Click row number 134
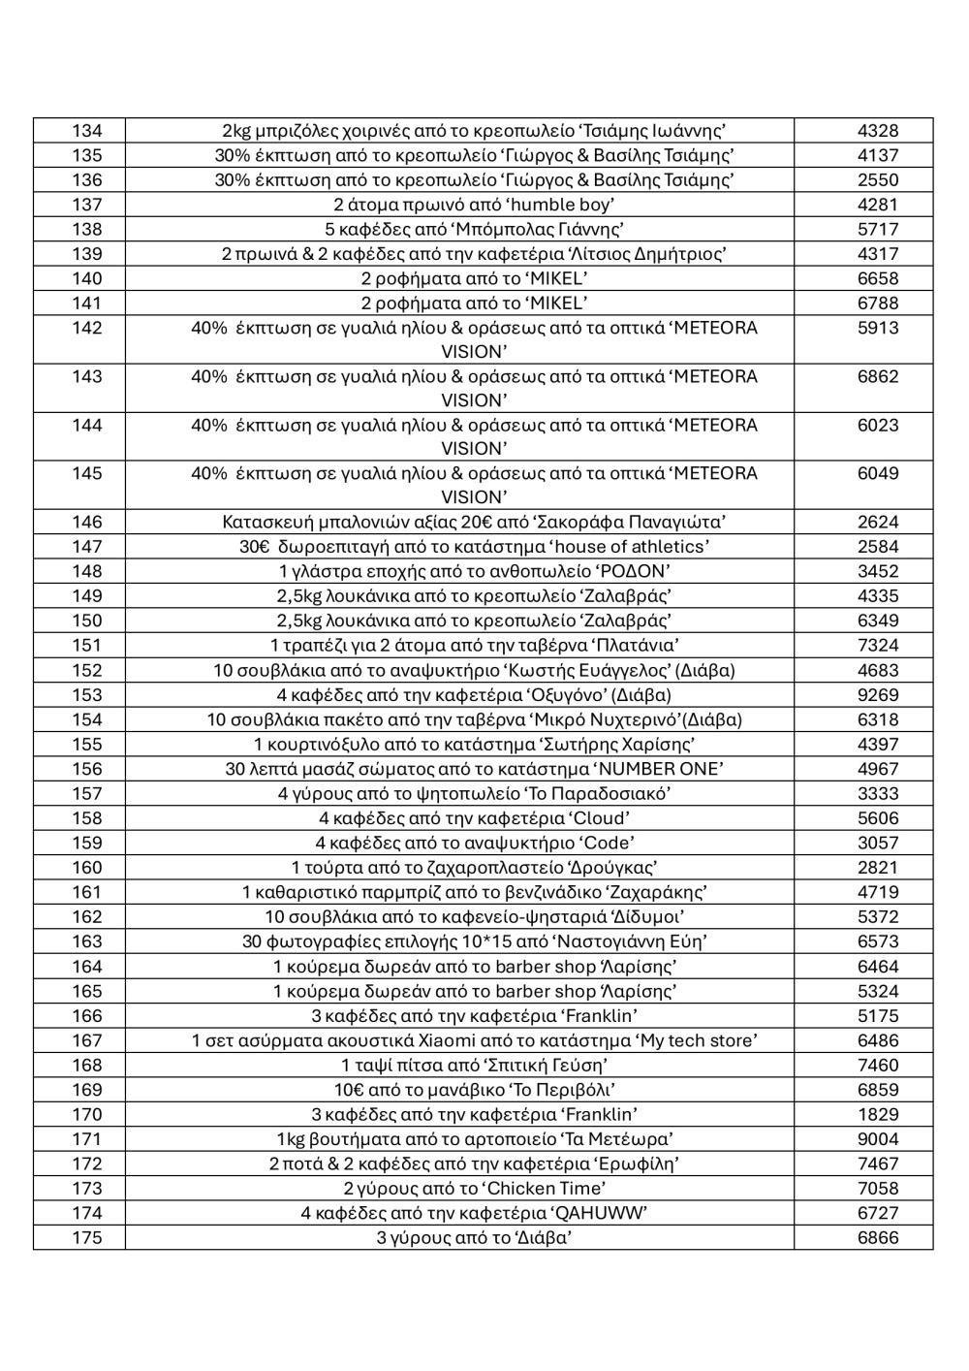tap(86, 131)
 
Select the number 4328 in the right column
tap(878, 131)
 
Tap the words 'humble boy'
tap(561, 205)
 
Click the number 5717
tap(878, 230)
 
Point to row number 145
tap(86, 474)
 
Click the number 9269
tap(878, 695)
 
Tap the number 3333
tap(878, 794)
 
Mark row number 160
tap(86, 868)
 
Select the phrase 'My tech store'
tap(696, 1041)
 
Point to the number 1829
tap(878, 1115)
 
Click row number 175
tap(86, 1238)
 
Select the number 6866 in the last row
tap(878, 1238)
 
